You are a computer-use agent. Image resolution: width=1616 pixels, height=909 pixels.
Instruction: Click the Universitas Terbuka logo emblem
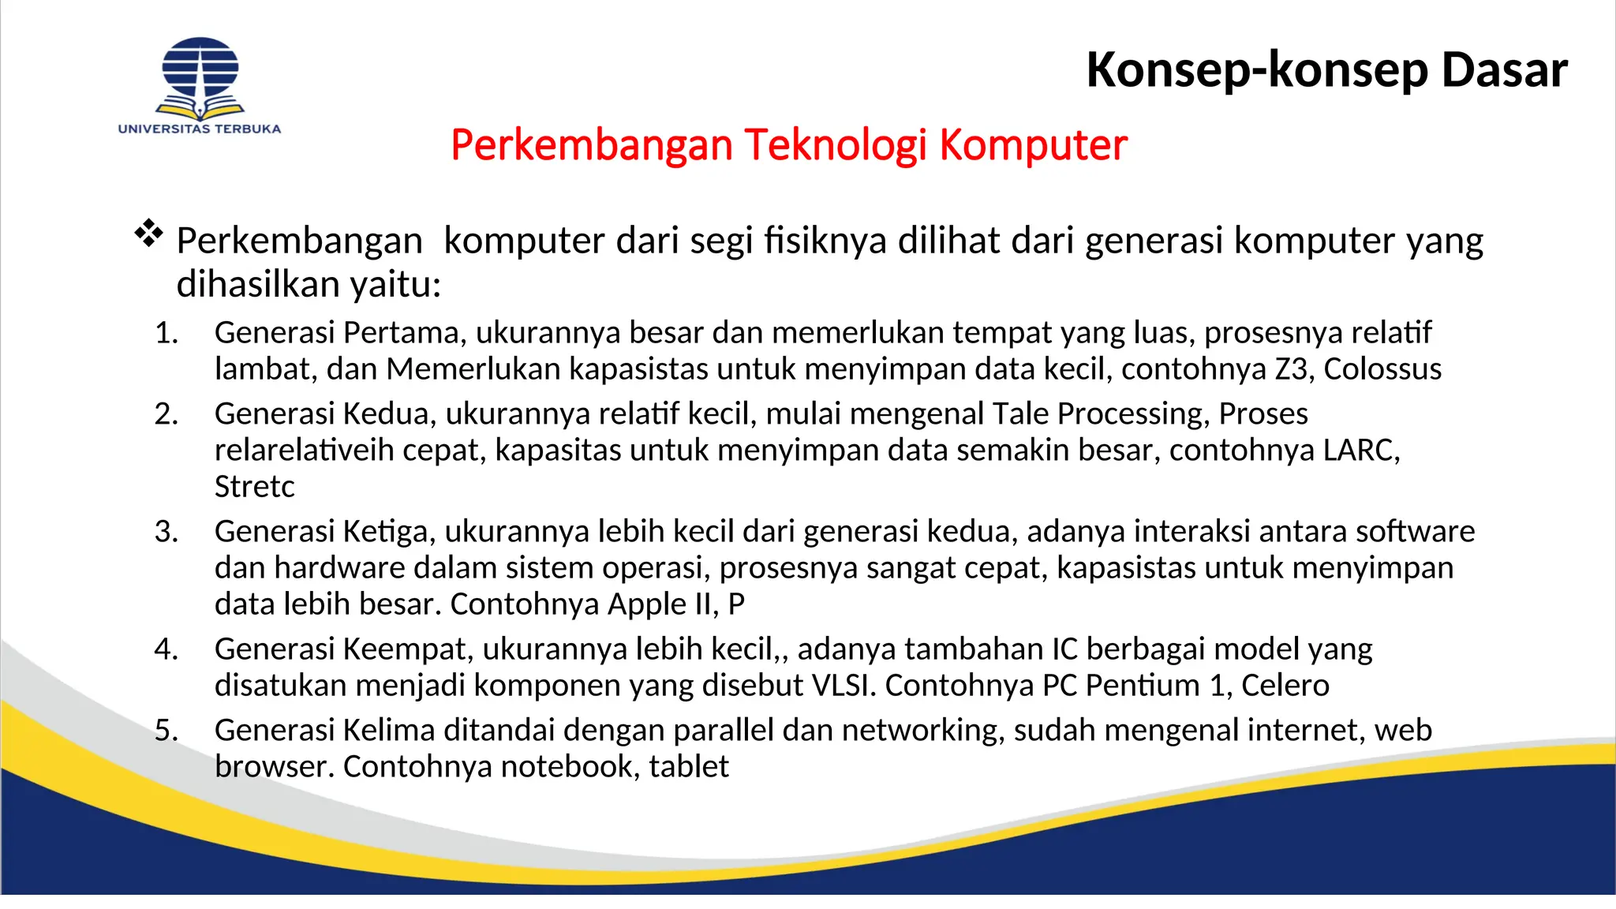[200, 77]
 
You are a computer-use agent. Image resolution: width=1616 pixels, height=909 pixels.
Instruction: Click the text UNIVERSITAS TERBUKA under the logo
[200, 129]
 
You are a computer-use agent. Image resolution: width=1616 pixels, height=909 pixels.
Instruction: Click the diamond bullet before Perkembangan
[148, 234]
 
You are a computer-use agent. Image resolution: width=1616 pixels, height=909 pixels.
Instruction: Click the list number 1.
[166, 333]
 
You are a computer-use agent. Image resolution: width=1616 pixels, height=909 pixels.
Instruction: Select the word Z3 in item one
[1291, 369]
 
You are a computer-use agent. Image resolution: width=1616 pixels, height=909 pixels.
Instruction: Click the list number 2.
[166, 414]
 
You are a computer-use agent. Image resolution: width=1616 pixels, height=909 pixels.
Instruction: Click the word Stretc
[254, 487]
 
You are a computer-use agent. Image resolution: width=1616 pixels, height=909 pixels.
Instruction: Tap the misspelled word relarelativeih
[304, 451]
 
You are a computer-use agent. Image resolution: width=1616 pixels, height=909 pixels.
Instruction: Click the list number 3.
[166, 532]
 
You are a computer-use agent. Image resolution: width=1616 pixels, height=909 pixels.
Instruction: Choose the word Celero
[1285, 686]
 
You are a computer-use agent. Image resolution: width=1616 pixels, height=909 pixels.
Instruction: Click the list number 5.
[166, 731]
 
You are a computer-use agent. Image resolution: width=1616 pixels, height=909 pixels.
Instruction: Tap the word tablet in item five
[689, 767]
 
